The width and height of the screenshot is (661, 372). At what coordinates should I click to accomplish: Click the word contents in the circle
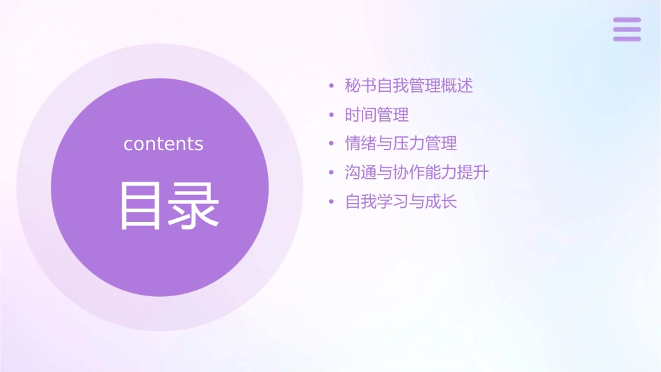coord(164,144)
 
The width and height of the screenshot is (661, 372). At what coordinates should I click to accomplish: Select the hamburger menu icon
coord(627,29)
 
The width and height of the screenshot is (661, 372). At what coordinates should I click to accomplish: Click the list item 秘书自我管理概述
coord(409,86)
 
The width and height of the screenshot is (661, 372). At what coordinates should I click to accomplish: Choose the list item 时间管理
coord(376,115)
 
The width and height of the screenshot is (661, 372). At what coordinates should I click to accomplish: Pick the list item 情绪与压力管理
coord(401,144)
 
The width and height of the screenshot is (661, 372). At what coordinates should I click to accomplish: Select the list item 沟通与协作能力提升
coord(417,172)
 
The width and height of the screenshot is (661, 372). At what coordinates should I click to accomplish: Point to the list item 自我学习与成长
coord(401,202)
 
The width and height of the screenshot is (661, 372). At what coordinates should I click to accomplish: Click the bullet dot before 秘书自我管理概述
coord(332,87)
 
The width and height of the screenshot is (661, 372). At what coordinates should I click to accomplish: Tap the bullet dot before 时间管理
coord(332,115)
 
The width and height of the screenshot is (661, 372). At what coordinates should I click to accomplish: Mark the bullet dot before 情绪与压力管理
coord(332,145)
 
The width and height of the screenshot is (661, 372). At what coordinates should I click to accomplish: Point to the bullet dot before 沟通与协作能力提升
coord(332,173)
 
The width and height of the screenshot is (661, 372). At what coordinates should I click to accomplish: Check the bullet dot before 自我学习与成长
coord(332,202)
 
